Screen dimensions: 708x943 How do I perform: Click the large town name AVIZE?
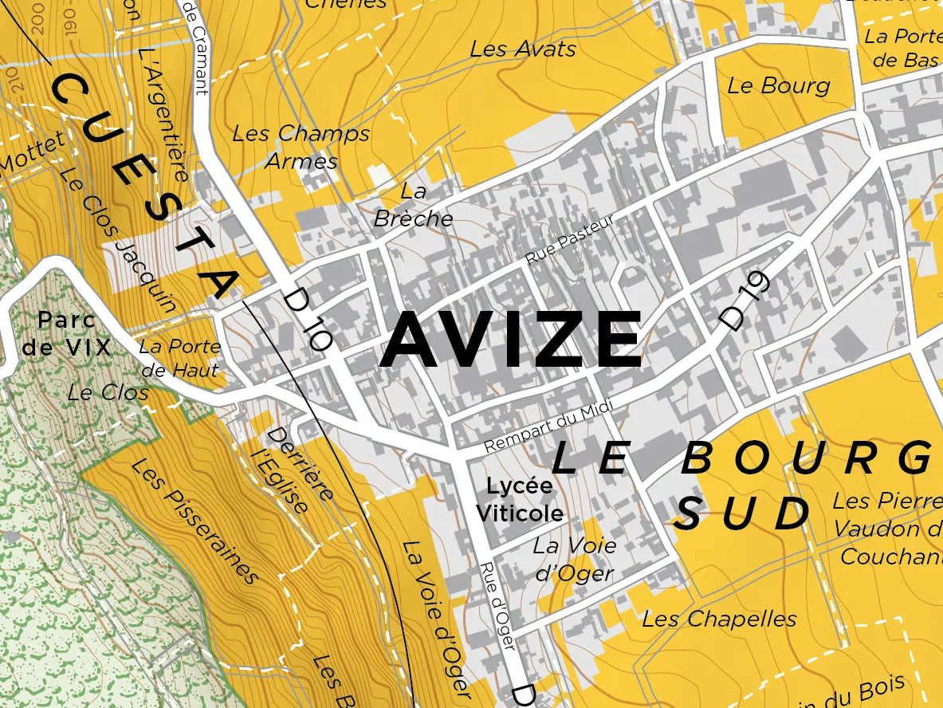[x=510, y=340]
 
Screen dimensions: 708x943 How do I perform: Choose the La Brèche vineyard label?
[x=413, y=205]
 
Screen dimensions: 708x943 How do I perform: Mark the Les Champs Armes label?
[x=301, y=147]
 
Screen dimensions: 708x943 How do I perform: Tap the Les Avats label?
[x=523, y=49]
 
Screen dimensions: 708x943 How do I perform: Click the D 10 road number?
[x=308, y=320]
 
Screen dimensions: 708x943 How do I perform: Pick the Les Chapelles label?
[x=719, y=619]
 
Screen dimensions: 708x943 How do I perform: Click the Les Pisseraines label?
[x=196, y=521]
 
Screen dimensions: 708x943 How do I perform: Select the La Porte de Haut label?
[x=179, y=359]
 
